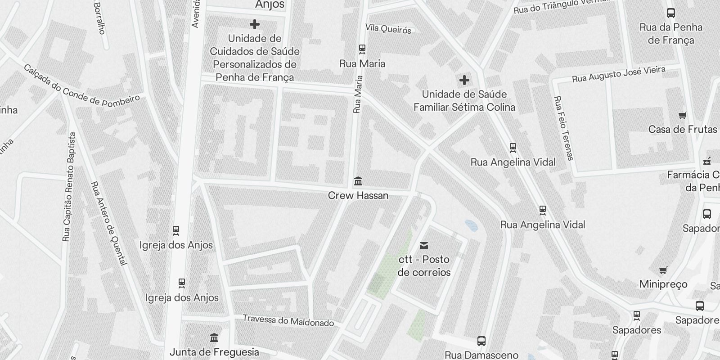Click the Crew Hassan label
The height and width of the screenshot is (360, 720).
(x=358, y=196)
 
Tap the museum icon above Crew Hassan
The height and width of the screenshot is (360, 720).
(x=358, y=181)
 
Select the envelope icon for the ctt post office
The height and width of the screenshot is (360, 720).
(x=423, y=246)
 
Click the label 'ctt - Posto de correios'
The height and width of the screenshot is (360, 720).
(x=424, y=266)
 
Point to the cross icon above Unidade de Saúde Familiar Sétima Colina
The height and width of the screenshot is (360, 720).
(x=464, y=81)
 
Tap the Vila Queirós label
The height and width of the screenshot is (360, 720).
(x=388, y=29)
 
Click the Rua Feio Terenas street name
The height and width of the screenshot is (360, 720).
(x=563, y=128)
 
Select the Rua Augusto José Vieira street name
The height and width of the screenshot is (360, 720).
(x=618, y=74)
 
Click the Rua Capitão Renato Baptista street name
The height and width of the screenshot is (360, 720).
(x=70, y=187)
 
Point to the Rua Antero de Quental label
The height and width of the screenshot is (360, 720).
(x=109, y=224)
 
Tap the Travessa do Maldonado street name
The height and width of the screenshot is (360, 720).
(x=288, y=320)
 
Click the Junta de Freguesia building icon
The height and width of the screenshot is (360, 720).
(x=214, y=337)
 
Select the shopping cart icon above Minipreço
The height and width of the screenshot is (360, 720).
(x=663, y=270)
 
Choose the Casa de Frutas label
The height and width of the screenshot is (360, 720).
(x=682, y=130)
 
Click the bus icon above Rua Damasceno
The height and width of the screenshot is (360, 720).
(x=481, y=341)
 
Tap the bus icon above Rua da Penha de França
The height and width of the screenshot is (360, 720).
(x=670, y=13)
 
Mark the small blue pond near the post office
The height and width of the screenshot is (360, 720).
(x=471, y=225)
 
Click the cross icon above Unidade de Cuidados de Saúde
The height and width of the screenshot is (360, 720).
(x=254, y=24)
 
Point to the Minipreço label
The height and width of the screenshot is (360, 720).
(x=663, y=284)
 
